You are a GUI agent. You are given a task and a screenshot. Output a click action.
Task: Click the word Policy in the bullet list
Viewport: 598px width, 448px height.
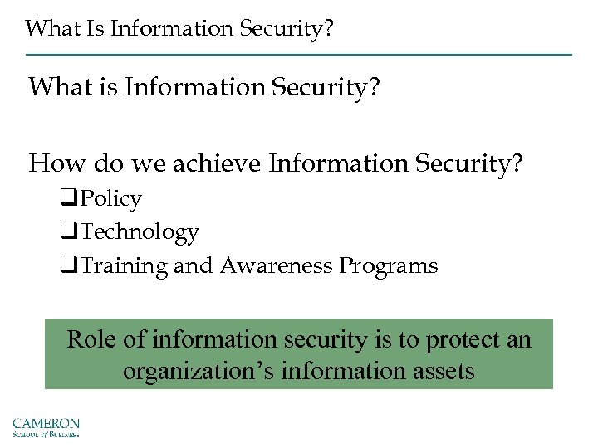[111, 199]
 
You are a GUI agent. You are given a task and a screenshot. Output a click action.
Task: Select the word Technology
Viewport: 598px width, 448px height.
[140, 232]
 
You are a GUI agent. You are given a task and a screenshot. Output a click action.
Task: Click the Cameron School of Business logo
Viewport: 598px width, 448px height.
[46, 426]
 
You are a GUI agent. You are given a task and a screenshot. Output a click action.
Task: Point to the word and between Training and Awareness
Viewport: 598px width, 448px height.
[196, 266]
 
